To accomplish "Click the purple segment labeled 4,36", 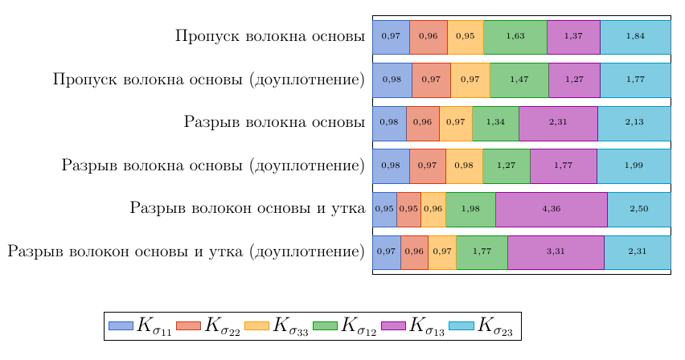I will click(552, 209).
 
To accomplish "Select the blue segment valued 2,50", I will click(639, 209).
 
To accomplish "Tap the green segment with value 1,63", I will click(515, 37).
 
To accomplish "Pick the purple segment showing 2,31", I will click(558, 123).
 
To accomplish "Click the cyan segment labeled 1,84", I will click(635, 37).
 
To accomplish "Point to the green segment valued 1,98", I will click(470, 209).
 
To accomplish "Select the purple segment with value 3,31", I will click(556, 252).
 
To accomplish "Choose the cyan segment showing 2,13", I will click(634, 123).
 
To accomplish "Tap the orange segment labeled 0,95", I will click(466, 37).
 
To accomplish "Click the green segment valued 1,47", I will click(519, 80).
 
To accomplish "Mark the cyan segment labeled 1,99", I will click(634, 166).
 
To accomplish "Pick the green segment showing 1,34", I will click(495, 123).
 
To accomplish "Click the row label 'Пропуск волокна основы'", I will click(270, 37).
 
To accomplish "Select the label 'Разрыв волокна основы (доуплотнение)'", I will click(213, 166).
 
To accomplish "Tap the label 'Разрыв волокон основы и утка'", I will click(247, 209).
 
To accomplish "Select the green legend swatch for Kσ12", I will click(325, 325).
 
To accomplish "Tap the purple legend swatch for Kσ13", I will click(393, 325).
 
